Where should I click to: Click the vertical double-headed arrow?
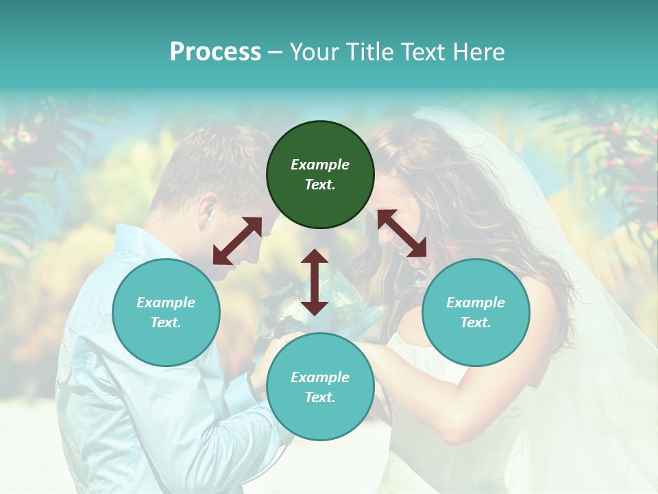[x=315, y=282]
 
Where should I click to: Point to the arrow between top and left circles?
[x=237, y=241]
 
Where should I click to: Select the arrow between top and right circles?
[x=402, y=233]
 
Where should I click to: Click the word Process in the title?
[x=215, y=52]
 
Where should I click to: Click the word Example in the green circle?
[x=320, y=165]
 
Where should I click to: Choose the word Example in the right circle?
[x=476, y=303]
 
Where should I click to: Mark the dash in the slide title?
[x=276, y=53]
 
